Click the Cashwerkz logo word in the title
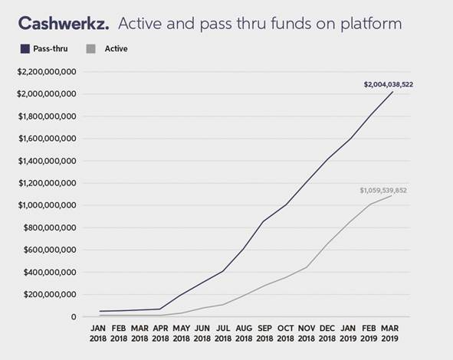64,23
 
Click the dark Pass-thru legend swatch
25,49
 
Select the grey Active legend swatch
91,49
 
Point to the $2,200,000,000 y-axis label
47,71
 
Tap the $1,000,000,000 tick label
47,205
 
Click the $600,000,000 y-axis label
50,250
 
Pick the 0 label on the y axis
74,316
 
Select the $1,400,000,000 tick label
47,161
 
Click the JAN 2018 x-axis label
98,333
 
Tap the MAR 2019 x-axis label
389,333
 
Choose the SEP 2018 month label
264,333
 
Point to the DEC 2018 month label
327,333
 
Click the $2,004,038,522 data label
389,84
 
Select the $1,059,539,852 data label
383,191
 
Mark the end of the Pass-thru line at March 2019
392,92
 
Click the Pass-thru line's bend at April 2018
160,309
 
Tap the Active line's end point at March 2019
392,196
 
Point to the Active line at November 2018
307,267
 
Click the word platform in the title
371,24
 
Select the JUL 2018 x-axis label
223,333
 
